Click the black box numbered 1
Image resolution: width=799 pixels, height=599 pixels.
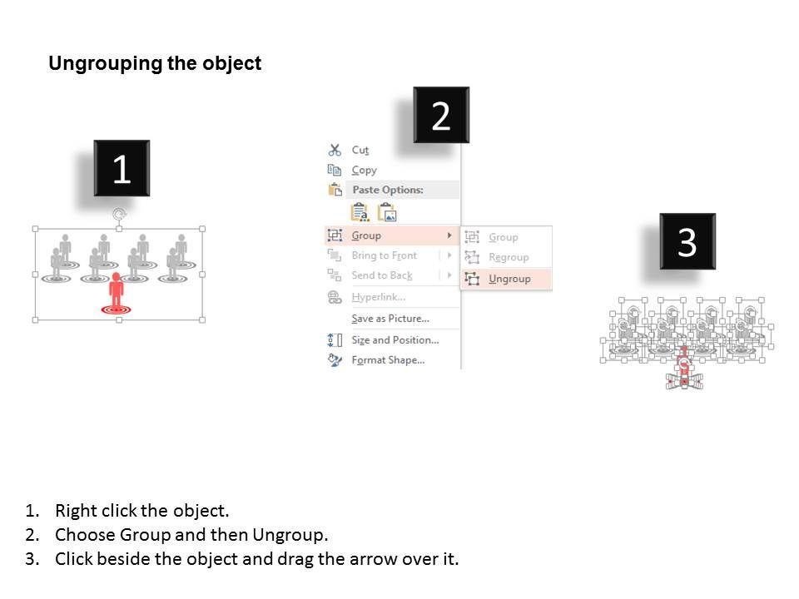coord(122,168)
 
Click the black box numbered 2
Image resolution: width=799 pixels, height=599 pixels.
coord(441,115)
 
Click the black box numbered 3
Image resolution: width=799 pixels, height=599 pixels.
coord(687,241)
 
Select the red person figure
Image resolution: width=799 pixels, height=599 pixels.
coord(117,292)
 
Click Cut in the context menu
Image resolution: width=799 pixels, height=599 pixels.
coord(360,151)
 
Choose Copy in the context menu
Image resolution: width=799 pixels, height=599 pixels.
coord(364,170)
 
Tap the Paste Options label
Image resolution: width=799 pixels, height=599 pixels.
coord(388,190)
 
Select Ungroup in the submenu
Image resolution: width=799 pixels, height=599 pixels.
coord(509,280)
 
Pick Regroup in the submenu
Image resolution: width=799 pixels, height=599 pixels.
coord(509,258)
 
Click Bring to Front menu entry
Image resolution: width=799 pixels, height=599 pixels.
coord(385,255)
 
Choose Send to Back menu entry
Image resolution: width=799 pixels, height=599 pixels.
coord(382,275)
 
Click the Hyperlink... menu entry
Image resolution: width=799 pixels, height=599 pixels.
coord(378,297)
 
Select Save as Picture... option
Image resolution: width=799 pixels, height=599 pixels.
coord(390,319)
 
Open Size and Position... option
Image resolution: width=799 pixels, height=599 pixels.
coord(395,340)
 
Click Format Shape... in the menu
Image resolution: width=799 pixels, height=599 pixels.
coord(388,360)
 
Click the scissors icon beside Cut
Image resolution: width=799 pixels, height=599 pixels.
coord(335,151)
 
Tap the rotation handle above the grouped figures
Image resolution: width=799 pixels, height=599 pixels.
coord(119,214)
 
